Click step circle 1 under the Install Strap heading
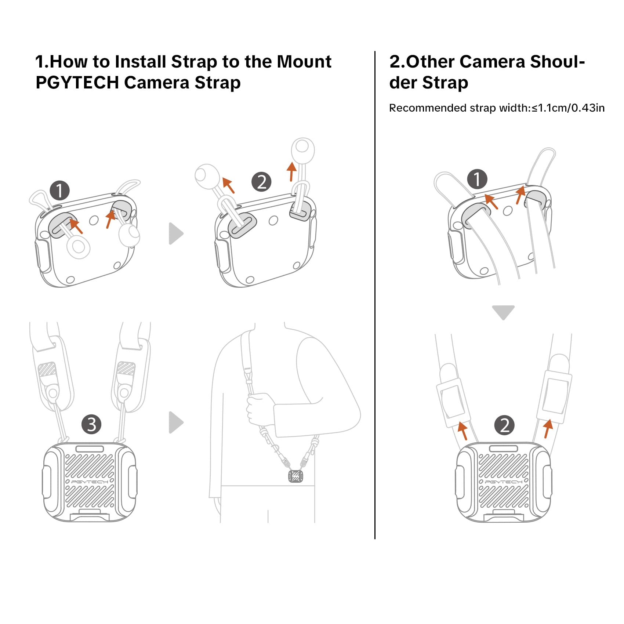pos(59,190)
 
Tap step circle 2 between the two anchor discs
pos(261,182)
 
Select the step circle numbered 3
pos(91,424)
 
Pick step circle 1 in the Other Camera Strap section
pos(477,179)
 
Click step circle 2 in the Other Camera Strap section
pos(505,425)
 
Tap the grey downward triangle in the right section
pos(503,312)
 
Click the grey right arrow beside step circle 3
pos(175,422)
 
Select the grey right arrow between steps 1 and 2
pos(175,233)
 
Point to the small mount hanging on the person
pos(296,476)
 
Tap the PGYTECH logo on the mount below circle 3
pos(90,481)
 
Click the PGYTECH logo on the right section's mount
pos(503,481)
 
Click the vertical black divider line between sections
pos(375,294)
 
